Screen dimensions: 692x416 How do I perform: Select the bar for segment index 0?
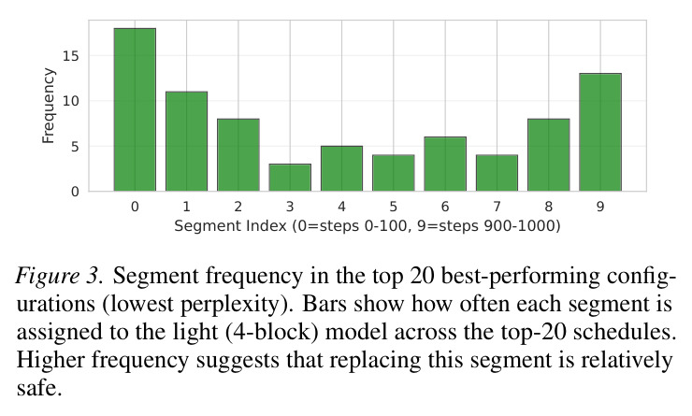[135, 109]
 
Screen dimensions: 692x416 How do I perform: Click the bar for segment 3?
[290, 178]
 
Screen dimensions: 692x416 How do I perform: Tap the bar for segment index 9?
[600, 132]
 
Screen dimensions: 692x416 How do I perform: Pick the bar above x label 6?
[445, 164]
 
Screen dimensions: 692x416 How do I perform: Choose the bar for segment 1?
[186, 141]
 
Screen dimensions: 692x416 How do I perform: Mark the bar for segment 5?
[393, 173]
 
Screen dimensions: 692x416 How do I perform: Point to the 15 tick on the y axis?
[71, 56]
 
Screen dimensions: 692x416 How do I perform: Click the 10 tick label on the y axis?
[71, 101]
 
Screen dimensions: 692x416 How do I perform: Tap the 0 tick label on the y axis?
[75, 192]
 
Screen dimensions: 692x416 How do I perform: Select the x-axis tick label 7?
[497, 207]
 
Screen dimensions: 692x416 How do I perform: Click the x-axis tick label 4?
[341, 207]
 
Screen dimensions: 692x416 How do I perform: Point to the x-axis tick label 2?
[238, 207]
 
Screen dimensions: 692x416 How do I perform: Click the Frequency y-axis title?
[48, 106]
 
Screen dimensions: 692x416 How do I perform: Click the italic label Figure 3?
[60, 277]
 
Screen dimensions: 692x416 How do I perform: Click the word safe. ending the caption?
[39, 388]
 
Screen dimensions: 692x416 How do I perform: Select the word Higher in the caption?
[51, 361]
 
